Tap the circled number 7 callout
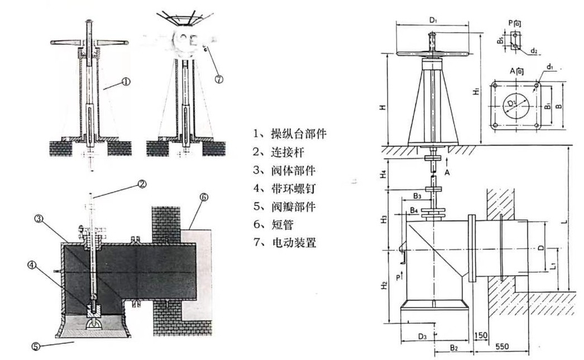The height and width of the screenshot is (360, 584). click(x=219, y=79)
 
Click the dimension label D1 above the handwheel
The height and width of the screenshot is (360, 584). click(x=433, y=21)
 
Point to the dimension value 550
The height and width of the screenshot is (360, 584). click(x=502, y=346)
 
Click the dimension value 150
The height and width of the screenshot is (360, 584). click(x=480, y=334)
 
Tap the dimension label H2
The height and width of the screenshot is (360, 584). click(x=385, y=285)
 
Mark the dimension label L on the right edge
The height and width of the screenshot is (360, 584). click(x=566, y=222)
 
